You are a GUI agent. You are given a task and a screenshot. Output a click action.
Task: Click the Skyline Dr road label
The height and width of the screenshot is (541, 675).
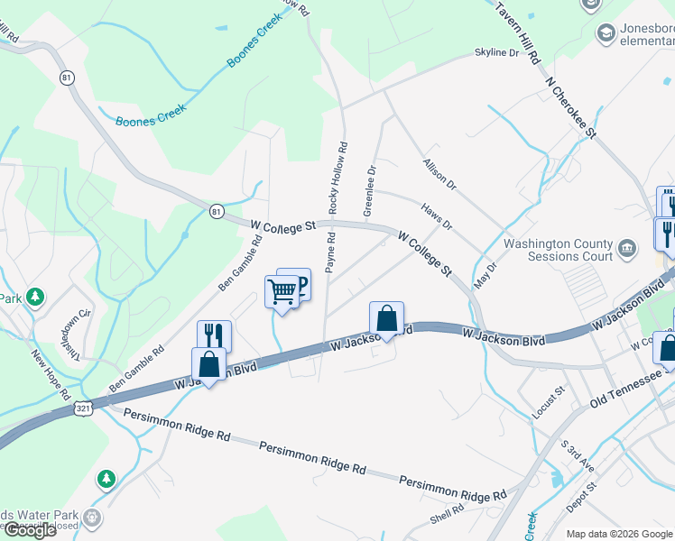pos(497,53)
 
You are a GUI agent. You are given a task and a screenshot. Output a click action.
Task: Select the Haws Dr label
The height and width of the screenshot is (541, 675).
pos(436,215)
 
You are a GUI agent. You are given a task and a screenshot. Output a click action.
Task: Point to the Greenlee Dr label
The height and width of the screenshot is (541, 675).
pos(369,189)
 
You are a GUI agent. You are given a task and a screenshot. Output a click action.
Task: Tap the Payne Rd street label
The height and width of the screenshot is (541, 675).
pos(330,252)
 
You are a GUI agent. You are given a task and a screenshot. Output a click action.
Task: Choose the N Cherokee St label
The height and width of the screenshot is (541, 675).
pos(572,106)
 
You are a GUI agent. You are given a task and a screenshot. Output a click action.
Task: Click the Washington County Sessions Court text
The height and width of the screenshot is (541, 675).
pos(558,250)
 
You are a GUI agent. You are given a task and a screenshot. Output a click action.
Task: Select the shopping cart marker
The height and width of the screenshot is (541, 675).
pos(282,291)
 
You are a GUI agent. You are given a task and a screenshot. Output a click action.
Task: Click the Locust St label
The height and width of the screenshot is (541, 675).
pos(548,400)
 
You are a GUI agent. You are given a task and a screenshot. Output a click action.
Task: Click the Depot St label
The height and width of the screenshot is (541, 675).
pos(585,498)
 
